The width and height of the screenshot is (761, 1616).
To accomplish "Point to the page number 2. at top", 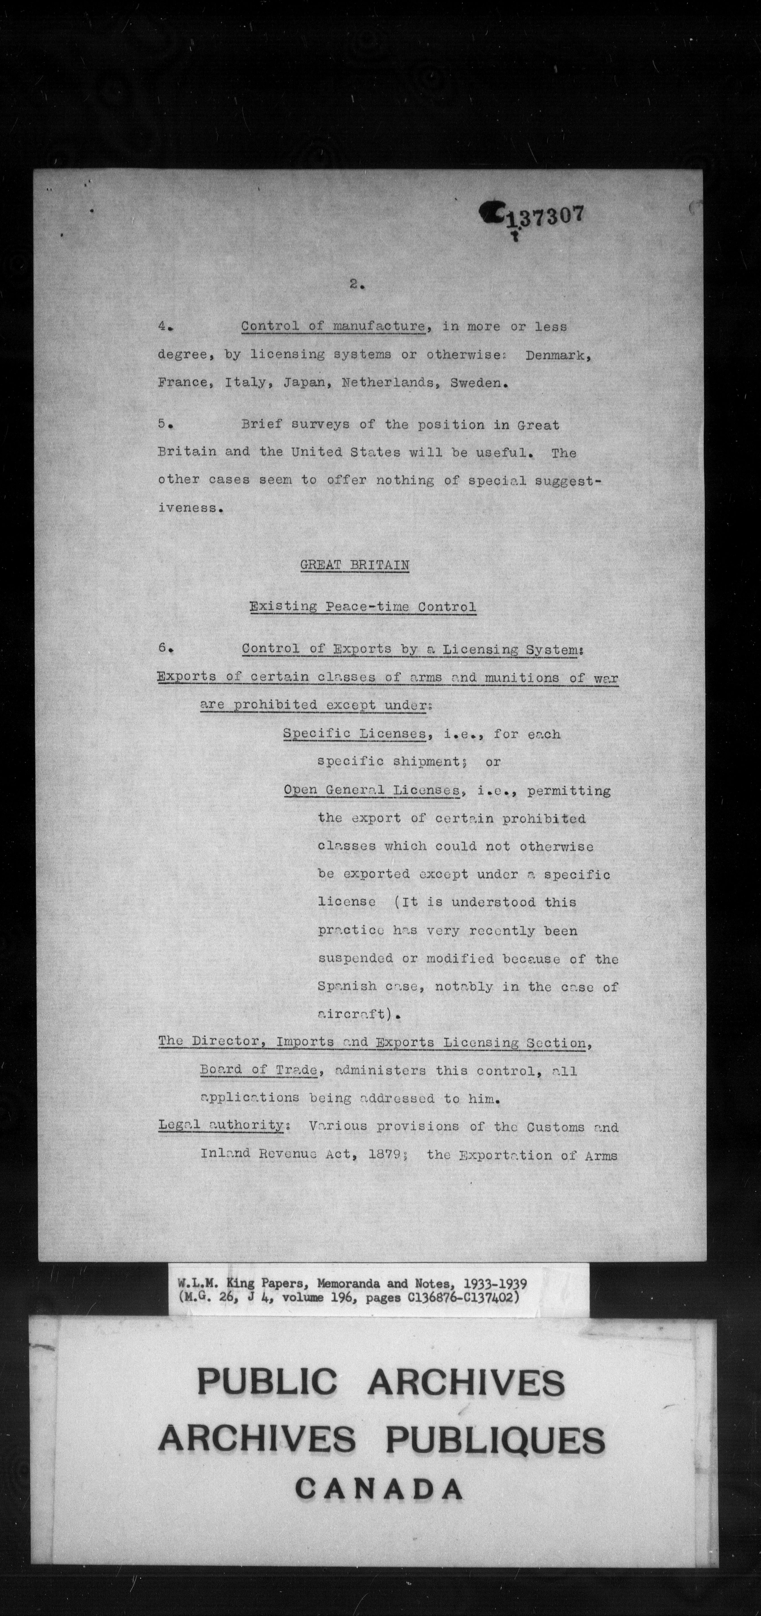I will [357, 284].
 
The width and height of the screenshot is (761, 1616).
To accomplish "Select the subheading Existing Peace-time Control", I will [362, 607].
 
